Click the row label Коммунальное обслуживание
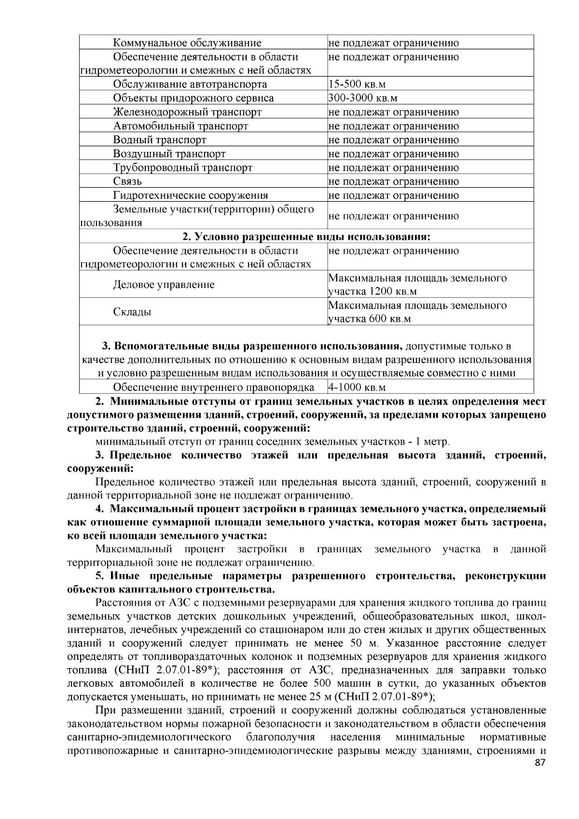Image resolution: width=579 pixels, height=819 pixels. click(187, 43)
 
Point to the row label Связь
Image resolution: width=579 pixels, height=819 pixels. click(127, 182)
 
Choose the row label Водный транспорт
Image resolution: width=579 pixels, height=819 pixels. click(160, 140)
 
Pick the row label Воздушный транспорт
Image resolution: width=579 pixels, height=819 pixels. click(169, 154)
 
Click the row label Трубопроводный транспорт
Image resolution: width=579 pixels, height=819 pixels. click(183, 168)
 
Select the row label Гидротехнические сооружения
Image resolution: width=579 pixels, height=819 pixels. click(190, 196)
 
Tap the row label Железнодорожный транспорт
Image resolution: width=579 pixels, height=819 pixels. click(187, 112)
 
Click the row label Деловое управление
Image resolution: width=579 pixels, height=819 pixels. click(164, 285)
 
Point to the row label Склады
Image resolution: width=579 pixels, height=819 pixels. click(132, 312)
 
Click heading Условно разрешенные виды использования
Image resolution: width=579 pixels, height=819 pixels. click(306, 237)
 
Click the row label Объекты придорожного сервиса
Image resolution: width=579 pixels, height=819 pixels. click(193, 98)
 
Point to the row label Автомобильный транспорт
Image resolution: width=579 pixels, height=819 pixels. click(180, 126)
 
